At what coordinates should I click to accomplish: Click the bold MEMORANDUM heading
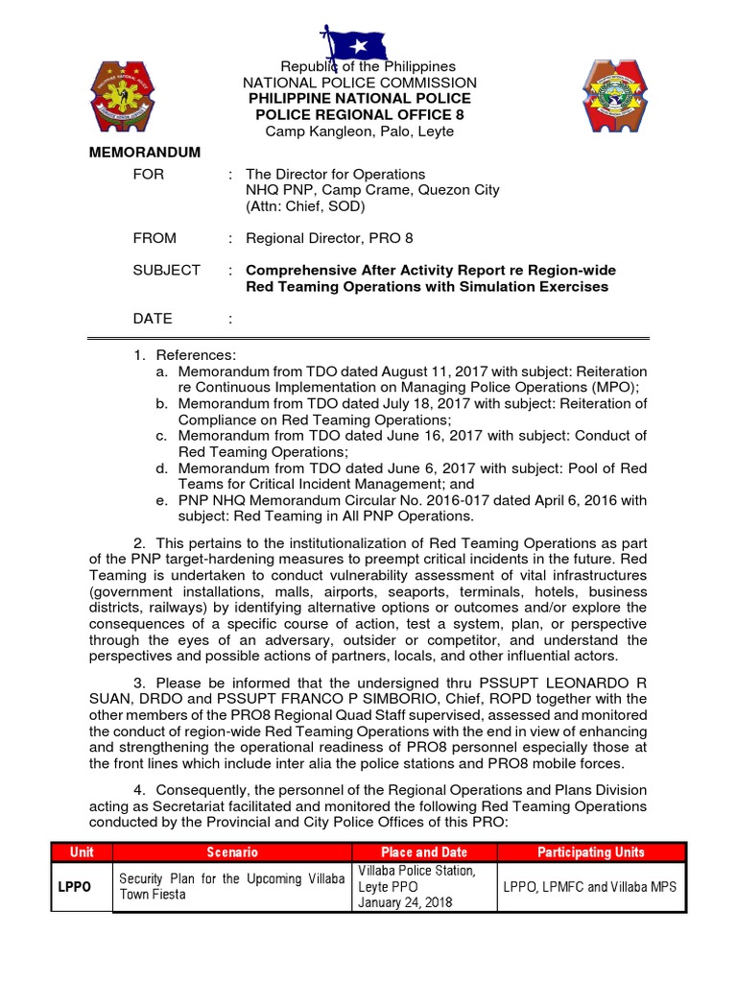click(145, 153)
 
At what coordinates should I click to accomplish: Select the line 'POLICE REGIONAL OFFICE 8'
click(360, 115)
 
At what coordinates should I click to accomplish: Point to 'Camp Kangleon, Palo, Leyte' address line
click(360, 132)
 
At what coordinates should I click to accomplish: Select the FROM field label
click(155, 237)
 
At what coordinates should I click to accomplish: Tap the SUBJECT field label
click(166, 270)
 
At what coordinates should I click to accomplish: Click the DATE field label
click(153, 318)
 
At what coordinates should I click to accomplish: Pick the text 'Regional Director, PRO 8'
click(329, 237)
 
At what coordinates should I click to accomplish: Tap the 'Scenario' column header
click(232, 851)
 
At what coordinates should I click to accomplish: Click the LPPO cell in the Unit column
click(74, 887)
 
